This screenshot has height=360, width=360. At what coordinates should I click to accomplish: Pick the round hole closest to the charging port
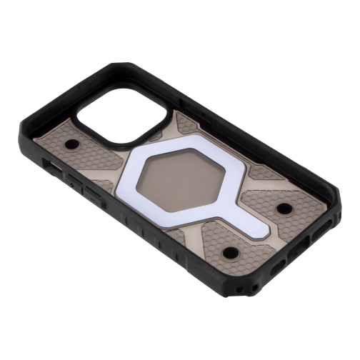coord(284,208)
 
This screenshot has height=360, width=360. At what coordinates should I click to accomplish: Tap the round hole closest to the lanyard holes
coord(230,252)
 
